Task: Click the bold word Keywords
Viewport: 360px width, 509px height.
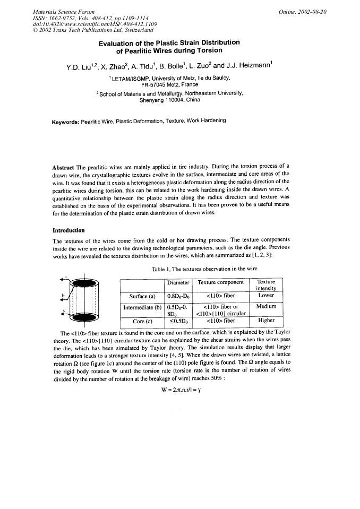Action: click(66, 121)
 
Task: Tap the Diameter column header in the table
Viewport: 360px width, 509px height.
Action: click(178, 283)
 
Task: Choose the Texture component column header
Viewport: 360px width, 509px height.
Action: click(220, 283)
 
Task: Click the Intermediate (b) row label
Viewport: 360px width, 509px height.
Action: click(143, 307)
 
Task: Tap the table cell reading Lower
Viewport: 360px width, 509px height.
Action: click(265, 296)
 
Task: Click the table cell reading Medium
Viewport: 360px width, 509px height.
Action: click(265, 307)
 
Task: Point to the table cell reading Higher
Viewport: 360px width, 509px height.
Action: click(265, 321)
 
